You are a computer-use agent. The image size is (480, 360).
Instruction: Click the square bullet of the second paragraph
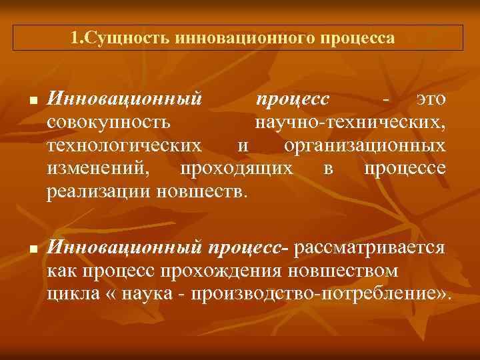pyautogui.click(x=31, y=249)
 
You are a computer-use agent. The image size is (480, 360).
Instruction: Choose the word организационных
pyautogui.click(x=365, y=146)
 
